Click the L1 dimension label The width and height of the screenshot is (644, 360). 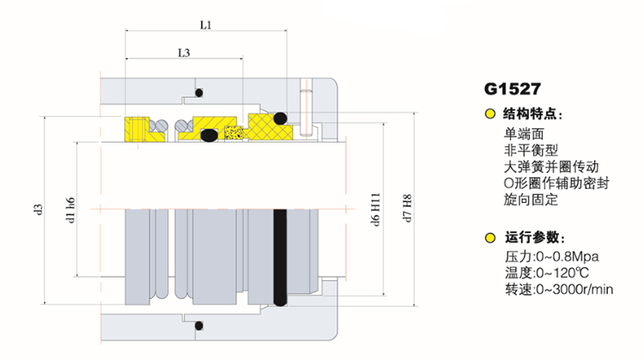click(x=205, y=26)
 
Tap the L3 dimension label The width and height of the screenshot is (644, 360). click(x=184, y=53)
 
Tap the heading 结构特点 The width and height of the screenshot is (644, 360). click(x=532, y=114)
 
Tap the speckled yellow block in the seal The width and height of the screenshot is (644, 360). click(x=229, y=134)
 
